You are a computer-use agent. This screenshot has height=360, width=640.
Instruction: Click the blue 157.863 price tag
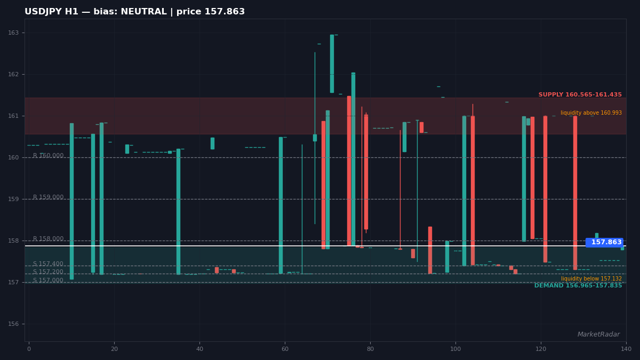604,242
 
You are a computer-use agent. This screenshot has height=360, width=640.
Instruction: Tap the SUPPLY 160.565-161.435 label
580,94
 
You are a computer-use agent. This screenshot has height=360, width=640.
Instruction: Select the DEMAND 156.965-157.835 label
578,285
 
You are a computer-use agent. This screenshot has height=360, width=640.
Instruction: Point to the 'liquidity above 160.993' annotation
591,113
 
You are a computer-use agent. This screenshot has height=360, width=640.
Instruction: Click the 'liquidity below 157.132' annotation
591,278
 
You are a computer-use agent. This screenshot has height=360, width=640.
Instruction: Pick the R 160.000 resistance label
49,155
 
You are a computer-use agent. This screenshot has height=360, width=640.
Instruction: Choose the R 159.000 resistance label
49,197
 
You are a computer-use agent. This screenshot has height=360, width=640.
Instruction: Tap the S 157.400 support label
48,263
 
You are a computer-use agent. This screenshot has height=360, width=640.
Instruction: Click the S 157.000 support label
48,281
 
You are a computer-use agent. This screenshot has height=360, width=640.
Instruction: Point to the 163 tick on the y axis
13,33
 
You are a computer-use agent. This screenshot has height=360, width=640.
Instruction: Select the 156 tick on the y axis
13,324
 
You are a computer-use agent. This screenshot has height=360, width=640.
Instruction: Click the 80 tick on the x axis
370,349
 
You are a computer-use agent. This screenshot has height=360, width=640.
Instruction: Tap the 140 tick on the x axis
626,349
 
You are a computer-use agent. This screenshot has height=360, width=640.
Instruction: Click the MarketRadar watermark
598,334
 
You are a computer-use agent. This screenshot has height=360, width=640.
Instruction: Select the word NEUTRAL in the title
143,12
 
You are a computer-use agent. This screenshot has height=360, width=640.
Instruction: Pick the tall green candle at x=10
71,202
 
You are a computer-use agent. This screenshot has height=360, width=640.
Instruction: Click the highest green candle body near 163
332,63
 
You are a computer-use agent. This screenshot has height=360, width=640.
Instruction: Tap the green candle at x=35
178,212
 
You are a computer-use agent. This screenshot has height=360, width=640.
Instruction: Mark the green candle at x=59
281,205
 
